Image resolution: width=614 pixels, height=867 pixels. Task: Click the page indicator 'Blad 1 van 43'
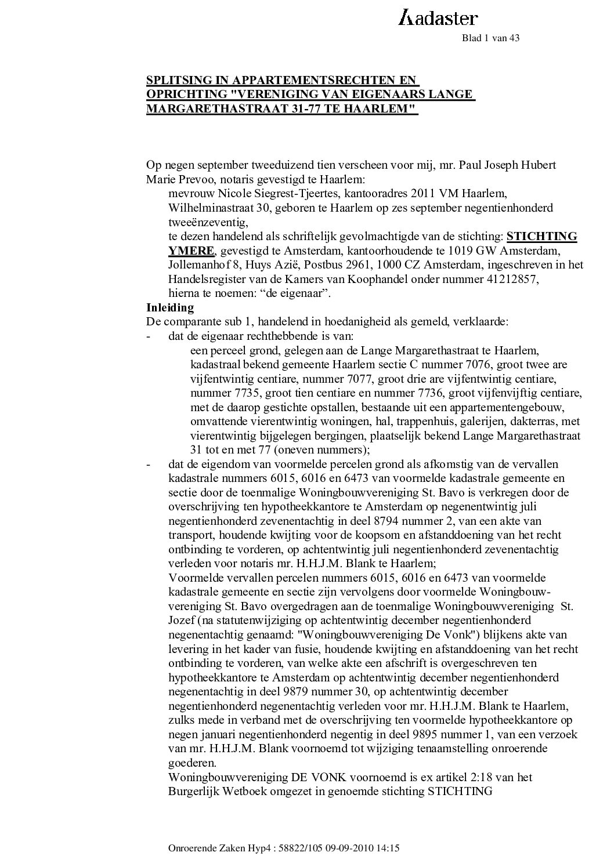click(x=490, y=38)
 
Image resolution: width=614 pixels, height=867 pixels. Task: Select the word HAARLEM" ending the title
click(x=391, y=108)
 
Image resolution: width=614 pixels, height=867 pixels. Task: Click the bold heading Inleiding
click(x=170, y=308)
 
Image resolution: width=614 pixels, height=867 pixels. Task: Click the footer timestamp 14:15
click(x=388, y=848)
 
